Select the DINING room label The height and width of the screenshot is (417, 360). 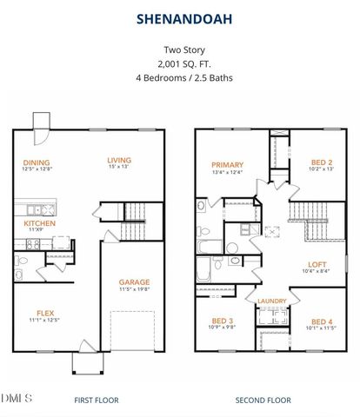37,162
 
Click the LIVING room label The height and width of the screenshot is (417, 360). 118,159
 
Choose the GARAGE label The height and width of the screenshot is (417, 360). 134,281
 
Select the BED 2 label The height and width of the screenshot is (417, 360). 322,162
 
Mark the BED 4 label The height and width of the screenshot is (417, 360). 322,321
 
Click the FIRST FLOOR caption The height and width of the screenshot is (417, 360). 97,400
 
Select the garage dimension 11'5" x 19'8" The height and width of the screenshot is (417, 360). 134,289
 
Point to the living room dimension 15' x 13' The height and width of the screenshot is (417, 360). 118,167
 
